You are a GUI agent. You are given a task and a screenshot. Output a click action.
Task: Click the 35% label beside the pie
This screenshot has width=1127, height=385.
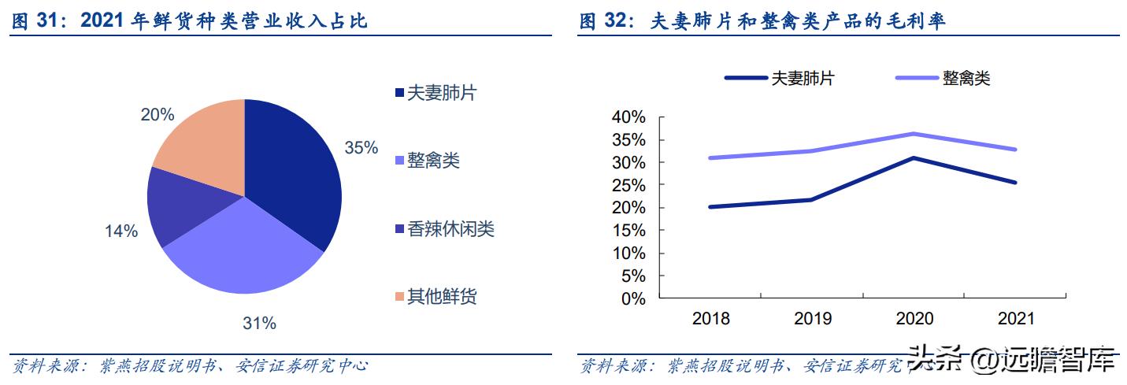[361, 147]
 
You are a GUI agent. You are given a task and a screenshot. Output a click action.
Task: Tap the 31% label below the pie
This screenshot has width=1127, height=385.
[259, 323]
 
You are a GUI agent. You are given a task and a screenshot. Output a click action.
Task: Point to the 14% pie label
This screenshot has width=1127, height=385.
[121, 231]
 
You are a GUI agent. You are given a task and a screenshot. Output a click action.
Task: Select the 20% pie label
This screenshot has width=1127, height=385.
[157, 115]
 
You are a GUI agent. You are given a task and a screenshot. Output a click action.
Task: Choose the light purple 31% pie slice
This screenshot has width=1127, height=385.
[244, 252]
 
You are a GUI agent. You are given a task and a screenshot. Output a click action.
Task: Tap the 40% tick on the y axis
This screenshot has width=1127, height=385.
[628, 117]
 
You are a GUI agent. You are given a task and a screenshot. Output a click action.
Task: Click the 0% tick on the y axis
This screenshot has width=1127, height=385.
[632, 299]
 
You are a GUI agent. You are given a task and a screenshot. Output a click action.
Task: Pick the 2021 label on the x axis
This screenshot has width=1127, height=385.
[1016, 319]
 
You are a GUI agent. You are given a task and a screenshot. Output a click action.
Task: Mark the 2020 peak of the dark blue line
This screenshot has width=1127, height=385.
[914, 158]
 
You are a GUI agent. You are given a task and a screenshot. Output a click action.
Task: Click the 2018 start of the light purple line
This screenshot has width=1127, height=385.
[710, 158]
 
